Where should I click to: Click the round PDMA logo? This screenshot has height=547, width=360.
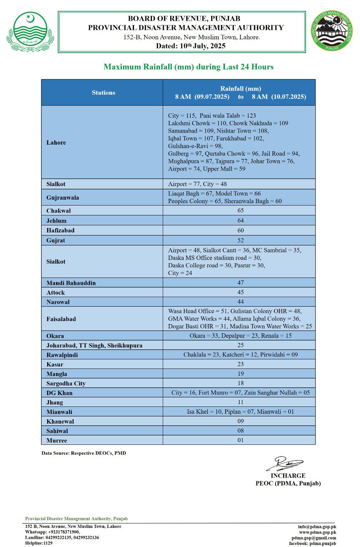tap(332, 31)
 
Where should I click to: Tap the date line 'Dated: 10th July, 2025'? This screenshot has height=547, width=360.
tap(191, 46)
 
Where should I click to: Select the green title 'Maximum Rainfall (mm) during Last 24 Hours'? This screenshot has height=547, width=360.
tap(188, 67)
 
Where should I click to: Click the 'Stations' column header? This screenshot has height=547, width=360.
tap(103, 93)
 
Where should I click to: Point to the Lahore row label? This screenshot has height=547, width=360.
tap(56, 143)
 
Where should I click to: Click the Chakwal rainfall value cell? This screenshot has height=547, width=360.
tap(240, 210)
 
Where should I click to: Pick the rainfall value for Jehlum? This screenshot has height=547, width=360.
tap(240, 220)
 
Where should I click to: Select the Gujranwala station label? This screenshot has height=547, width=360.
tap(63, 198)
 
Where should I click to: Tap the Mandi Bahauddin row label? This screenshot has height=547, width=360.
tap(71, 283)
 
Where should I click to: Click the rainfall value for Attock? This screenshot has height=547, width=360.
tap(240, 292)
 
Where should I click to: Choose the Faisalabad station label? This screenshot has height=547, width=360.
tap(61, 319)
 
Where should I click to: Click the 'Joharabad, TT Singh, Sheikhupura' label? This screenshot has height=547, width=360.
tap(94, 345)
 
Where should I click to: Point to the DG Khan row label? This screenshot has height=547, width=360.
tap(59, 393)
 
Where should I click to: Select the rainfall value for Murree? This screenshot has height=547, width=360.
tap(240, 440)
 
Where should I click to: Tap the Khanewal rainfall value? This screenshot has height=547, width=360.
tap(240, 421)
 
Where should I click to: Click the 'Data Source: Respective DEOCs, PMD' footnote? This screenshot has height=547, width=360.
tap(84, 453)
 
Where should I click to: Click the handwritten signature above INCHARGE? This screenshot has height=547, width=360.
tap(285, 464)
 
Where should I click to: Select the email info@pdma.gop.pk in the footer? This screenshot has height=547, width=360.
tap(317, 526)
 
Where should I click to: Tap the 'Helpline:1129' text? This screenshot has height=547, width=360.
tap(39, 543)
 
